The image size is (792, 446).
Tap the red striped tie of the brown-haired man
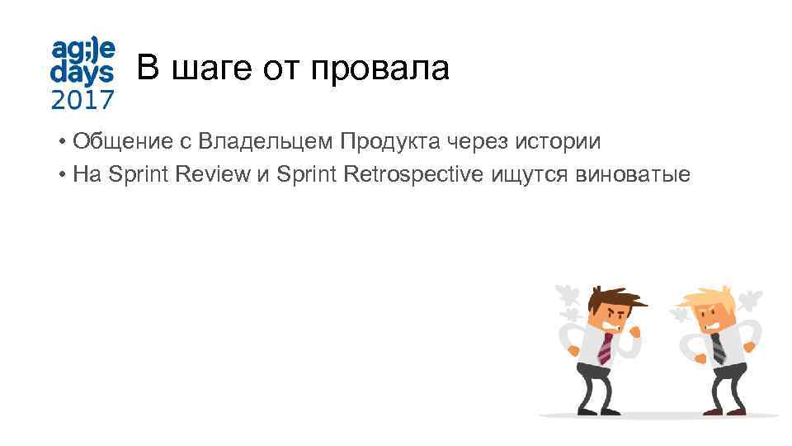coord(605,347)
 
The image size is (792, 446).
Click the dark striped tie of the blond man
coord(718,347)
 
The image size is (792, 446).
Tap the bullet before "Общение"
coord(63,143)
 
